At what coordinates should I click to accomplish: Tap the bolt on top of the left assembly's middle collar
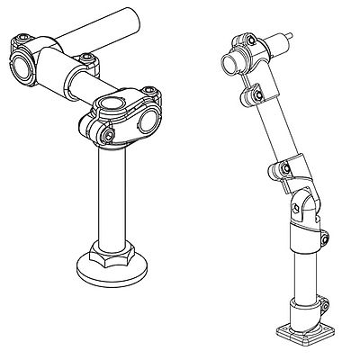(x=86, y=60)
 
